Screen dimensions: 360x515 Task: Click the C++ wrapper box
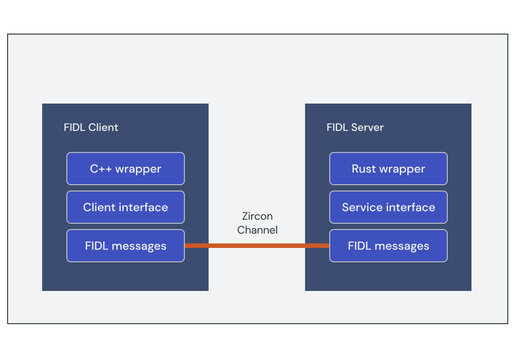[x=125, y=169]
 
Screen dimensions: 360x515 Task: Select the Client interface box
[x=125, y=207]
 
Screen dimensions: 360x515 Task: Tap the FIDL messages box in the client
[x=125, y=246]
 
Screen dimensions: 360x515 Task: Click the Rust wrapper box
[x=388, y=169]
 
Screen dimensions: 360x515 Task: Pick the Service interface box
[x=388, y=207]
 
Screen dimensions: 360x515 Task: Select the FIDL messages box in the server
[x=388, y=246]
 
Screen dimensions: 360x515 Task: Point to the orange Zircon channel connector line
[x=257, y=246]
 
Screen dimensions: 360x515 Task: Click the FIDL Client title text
[x=91, y=127]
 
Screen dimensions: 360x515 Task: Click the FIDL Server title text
[x=355, y=127]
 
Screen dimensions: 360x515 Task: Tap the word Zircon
[x=257, y=216]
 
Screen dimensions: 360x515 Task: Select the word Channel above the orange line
[x=257, y=230]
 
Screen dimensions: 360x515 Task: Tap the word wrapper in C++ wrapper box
[x=138, y=169]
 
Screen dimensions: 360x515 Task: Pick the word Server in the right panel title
[x=367, y=127]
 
